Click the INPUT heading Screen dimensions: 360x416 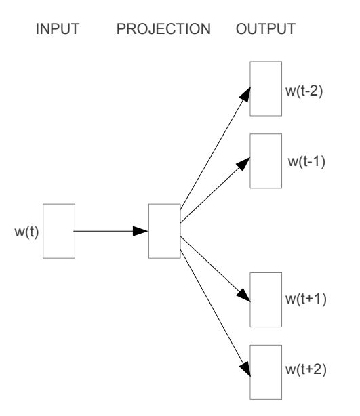point(58,28)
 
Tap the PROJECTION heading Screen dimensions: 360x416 point(163,28)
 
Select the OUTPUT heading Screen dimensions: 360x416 point(266,28)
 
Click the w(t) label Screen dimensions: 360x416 point(26,232)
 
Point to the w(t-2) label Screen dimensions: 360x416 point(304,91)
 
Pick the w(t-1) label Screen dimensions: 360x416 point(306,161)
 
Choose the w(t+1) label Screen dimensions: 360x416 point(306,299)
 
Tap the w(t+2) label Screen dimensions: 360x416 point(306,369)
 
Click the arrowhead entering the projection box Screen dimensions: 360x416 point(140,231)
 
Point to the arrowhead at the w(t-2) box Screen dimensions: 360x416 point(245,94)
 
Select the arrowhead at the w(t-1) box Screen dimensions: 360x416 point(243,164)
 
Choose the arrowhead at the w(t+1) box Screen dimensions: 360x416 point(243,295)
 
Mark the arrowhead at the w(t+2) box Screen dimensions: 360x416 point(246,369)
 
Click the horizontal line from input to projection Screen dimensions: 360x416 point(104,231)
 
